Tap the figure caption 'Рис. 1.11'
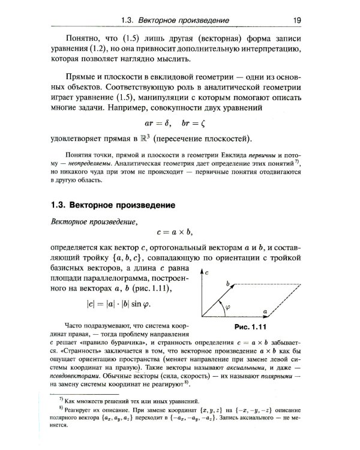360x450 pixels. [248, 327]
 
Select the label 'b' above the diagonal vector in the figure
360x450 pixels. [228, 281]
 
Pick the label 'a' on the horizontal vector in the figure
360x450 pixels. [265, 311]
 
